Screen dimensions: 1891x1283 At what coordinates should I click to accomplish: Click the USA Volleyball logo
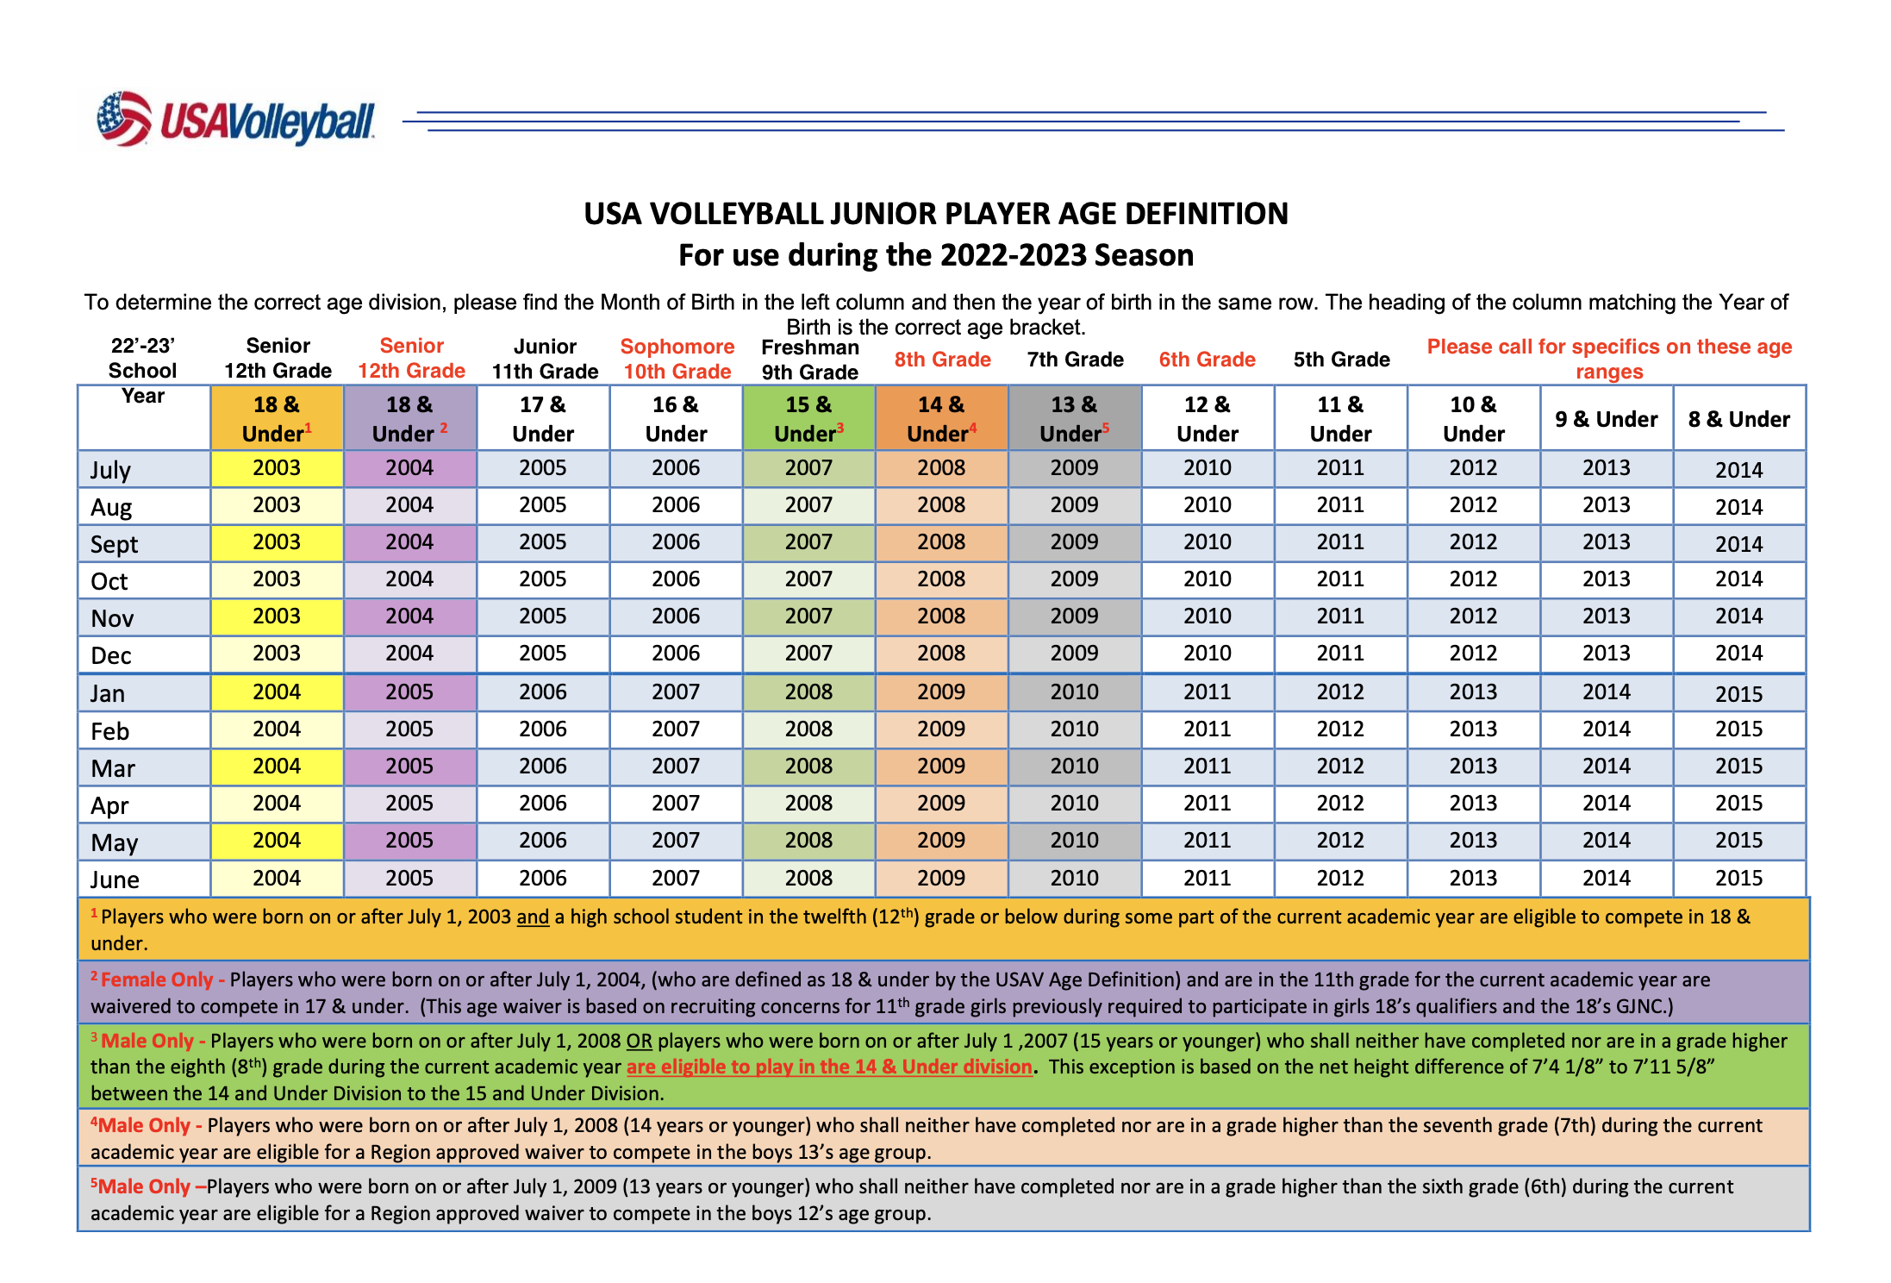coord(235,119)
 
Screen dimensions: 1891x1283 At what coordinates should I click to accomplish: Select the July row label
coord(110,470)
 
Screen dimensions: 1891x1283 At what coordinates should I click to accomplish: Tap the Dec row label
coord(111,655)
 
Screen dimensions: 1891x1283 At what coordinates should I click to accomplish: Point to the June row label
coord(115,879)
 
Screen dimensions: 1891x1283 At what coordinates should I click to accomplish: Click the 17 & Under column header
coord(543,419)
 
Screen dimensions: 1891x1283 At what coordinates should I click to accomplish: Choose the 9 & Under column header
coord(1607,419)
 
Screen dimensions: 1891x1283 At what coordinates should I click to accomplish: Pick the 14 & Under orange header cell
coord(942,418)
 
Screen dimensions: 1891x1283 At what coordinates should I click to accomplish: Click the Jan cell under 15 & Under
coord(808,692)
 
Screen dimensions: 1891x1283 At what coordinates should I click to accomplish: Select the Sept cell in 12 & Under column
coord(1208,542)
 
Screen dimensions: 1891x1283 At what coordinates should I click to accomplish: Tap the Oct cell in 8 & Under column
coord(1739,579)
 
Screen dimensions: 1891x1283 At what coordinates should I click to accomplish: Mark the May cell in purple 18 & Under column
coord(410,841)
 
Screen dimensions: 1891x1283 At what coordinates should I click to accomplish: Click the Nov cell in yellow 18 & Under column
coord(277,616)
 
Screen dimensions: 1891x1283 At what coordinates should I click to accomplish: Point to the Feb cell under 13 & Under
coord(1075,729)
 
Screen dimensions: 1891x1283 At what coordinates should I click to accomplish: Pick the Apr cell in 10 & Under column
coord(1474,804)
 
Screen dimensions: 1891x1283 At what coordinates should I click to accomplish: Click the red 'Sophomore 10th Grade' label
coord(677,359)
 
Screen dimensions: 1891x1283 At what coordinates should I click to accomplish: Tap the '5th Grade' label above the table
coord(1341,360)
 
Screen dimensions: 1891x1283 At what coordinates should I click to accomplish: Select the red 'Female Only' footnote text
coord(157,979)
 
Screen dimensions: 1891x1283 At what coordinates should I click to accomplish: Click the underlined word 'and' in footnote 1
coord(533,917)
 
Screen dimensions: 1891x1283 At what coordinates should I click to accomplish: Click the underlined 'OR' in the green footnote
coord(639,1042)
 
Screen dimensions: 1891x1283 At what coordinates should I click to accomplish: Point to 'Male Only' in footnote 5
coord(144,1186)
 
